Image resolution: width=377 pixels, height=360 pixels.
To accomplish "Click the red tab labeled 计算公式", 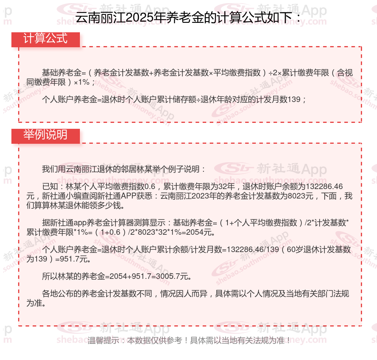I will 46,39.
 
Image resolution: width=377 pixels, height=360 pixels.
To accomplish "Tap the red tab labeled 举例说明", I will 46,135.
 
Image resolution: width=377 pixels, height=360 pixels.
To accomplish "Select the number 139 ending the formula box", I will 295,99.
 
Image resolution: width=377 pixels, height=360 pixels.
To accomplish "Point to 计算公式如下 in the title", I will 255,18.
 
